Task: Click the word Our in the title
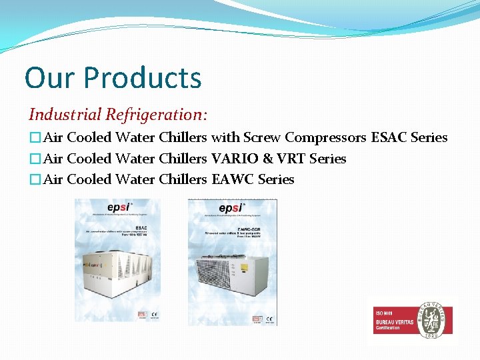(x=49, y=77)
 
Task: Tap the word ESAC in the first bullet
(x=388, y=137)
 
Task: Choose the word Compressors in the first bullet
(x=325, y=137)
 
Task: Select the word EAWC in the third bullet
(x=233, y=179)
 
